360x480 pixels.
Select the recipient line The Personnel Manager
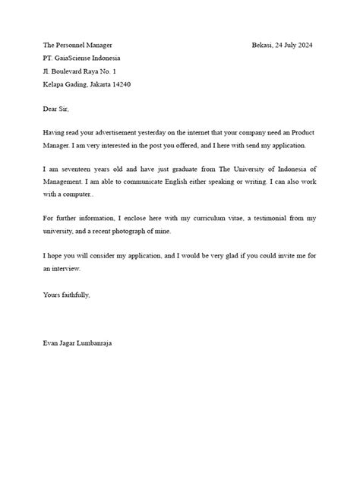pyautogui.click(x=77, y=46)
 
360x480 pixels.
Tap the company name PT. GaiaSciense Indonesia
pyautogui.click(x=81, y=58)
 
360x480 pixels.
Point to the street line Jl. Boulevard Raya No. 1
pyautogui.click(x=80, y=71)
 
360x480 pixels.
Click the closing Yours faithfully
pyautogui.click(x=67, y=294)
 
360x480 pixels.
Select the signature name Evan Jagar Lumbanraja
pyautogui.click(x=79, y=343)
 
